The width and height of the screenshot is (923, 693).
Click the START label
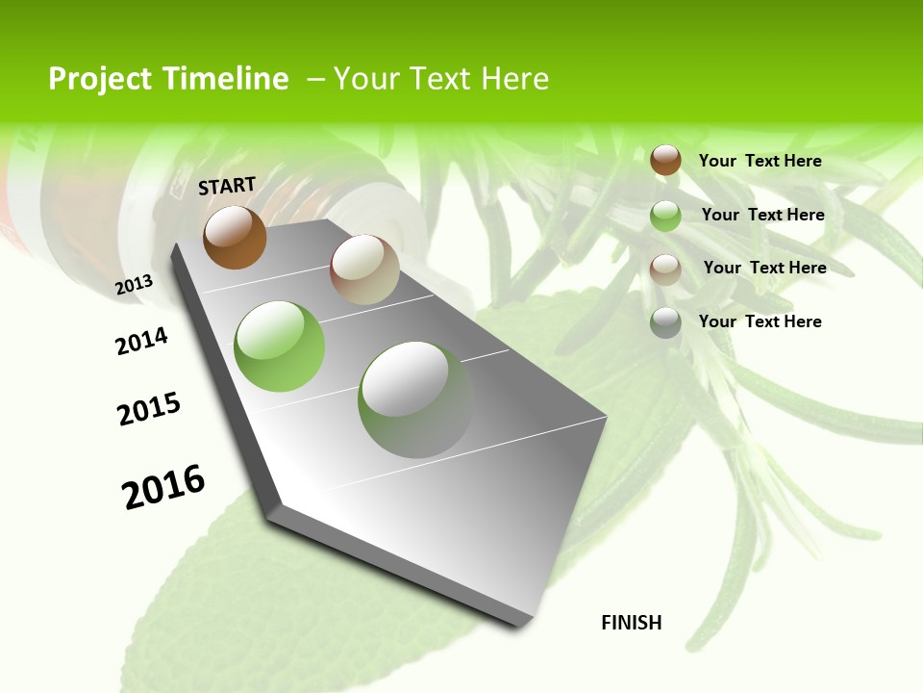click(227, 186)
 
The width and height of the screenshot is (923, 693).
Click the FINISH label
click(632, 623)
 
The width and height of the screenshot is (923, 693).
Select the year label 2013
click(135, 284)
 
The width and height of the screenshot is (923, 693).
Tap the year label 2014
click(142, 341)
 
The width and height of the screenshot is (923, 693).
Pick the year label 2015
click(149, 409)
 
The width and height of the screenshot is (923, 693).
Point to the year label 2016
click(163, 487)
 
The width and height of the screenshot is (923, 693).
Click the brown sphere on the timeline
click(235, 237)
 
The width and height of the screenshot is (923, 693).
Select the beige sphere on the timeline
click(364, 269)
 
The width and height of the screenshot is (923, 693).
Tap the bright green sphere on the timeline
click(280, 346)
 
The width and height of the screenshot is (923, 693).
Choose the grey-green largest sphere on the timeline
click(415, 398)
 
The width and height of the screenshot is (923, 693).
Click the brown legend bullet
click(665, 160)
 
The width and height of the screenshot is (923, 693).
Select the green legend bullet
click(665, 216)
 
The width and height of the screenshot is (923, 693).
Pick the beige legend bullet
click(665, 269)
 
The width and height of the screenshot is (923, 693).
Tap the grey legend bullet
click(665, 322)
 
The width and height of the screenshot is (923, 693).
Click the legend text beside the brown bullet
click(760, 161)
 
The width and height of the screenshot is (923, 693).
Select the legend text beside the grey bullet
click(760, 321)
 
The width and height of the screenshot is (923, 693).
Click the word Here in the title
click(515, 79)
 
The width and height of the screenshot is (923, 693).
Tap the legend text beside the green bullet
click(762, 215)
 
